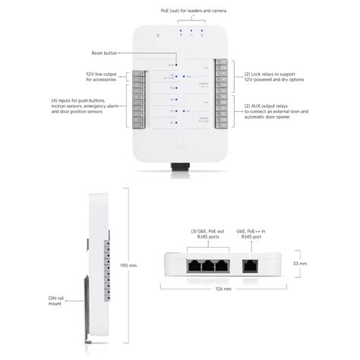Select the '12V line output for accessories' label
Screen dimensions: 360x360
pos(100,76)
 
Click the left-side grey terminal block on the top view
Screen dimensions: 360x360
pos(139,99)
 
